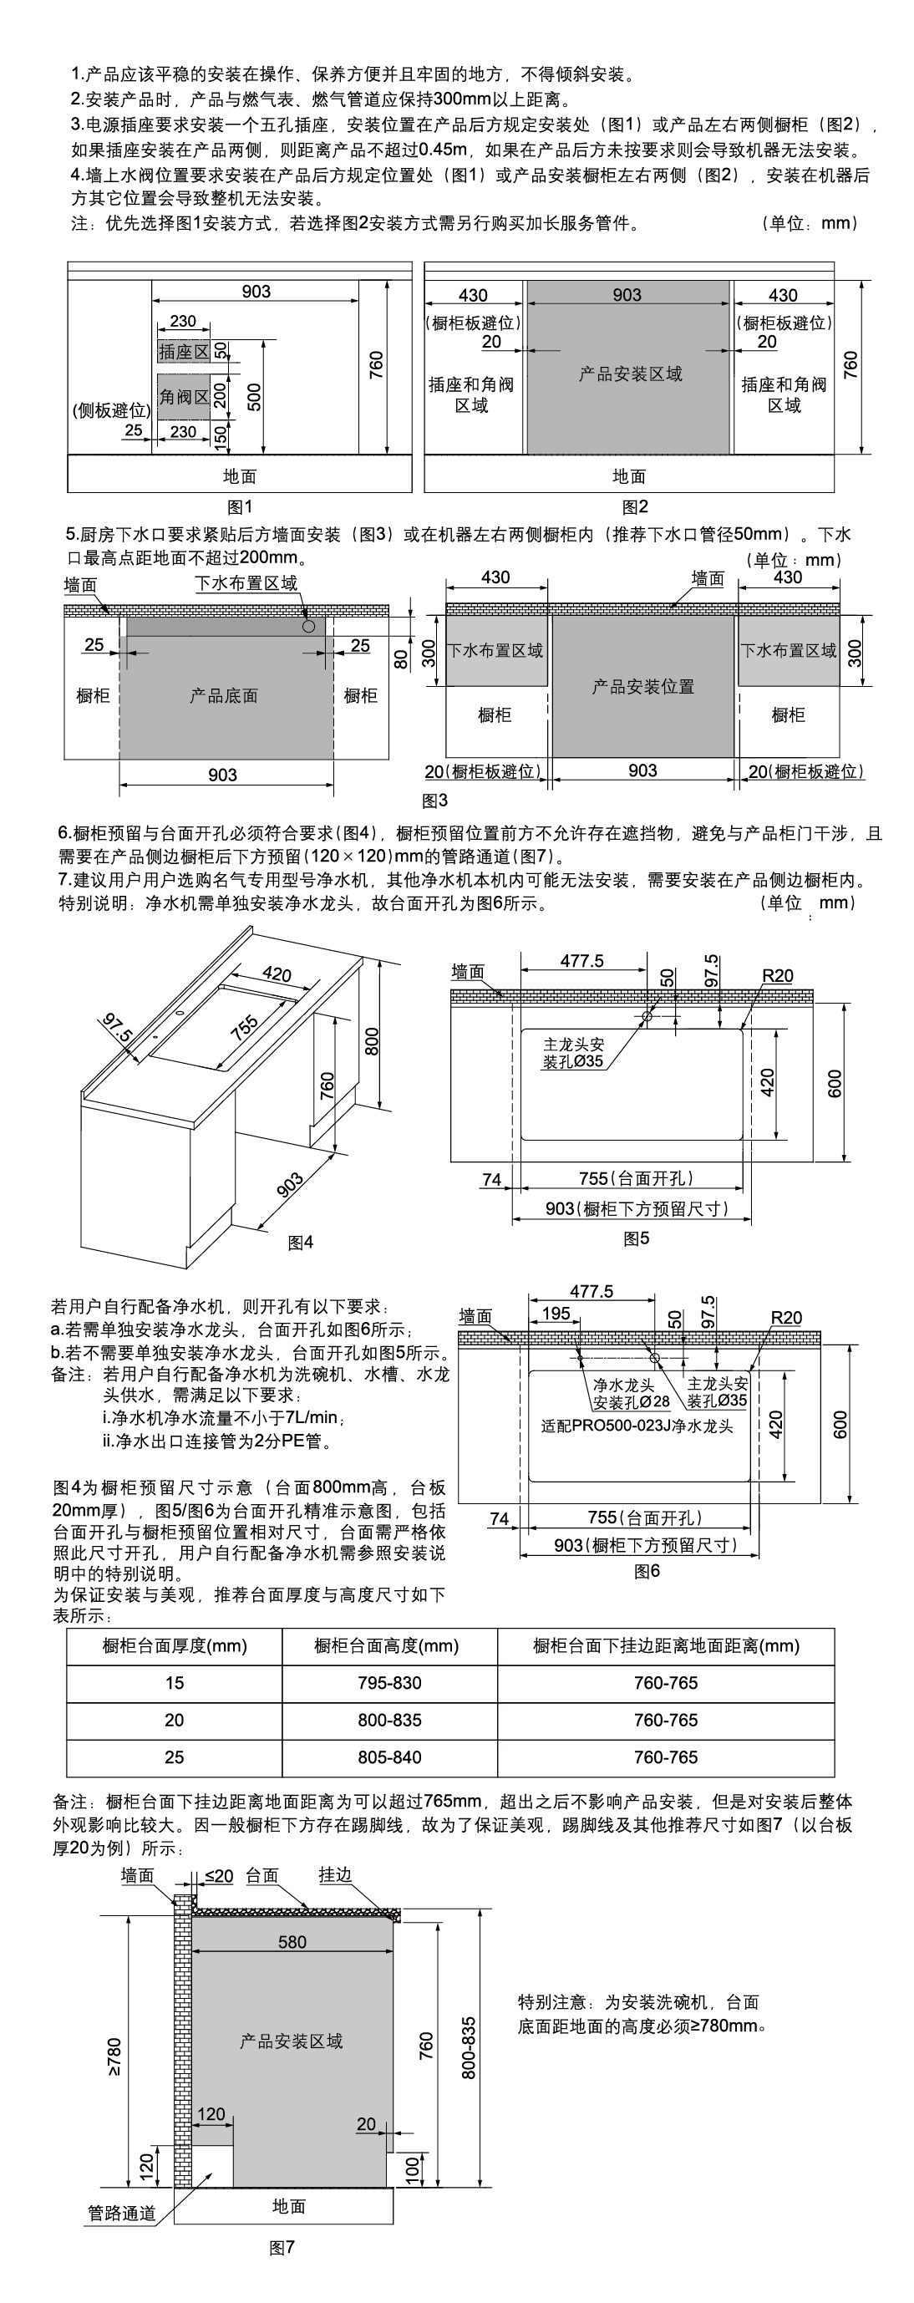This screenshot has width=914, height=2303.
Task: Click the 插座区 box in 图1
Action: pyautogui.click(x=183, y=351)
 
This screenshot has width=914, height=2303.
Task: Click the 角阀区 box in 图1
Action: pyautogui.click(x=183, y=396)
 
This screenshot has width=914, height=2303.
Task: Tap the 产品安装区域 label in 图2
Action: pyautogui.click(x=630, y=374)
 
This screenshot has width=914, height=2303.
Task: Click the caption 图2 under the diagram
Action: pyautogui.click(x=634, y=507)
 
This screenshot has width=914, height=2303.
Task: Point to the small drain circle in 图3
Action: pyautogui.click(x=309, y=627)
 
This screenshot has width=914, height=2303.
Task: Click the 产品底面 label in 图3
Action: pyautogui.click(x=223, y=695)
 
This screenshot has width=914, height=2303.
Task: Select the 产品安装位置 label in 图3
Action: pyautogui.click(x=642, y=687)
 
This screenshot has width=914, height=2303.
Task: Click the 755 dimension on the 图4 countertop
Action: pyautogui.click(x=244, y=1027)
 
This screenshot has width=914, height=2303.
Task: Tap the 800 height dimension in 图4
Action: pyautogui.click(x=372, y=1040)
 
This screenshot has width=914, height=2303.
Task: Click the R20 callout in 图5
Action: pyautogui.click(x=776, y=975)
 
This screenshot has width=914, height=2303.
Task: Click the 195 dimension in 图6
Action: pyautogui.click(x=556, y=1314)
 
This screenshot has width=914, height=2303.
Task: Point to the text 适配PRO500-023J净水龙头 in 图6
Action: pyautogui.click(x=636, y=1426)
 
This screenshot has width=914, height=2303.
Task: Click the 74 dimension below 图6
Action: pyautogui.click(x=500, y=1518)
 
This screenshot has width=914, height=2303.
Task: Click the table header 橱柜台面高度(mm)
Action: pyautogui.click(x=386, y=1646)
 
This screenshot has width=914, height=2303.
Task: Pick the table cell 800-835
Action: pyautogui.click(x=388, y=1720)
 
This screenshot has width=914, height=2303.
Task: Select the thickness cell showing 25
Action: pyautogui.click(x=175, y=1756)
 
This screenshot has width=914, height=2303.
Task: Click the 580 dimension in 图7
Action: pyautogui.click(x=292, y=1942)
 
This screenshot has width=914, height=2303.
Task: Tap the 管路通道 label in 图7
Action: pyautogui.click(x=121, y=2213)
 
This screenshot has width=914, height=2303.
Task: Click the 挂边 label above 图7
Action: pyautogui.click(x=335, y=1875)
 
